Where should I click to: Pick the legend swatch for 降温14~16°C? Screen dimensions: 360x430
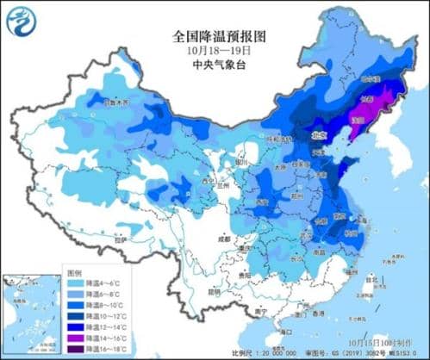click(78, 338)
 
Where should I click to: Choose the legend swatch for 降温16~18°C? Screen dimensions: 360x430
click(78, 350)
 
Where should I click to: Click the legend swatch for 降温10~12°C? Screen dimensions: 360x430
click(78, 316)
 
